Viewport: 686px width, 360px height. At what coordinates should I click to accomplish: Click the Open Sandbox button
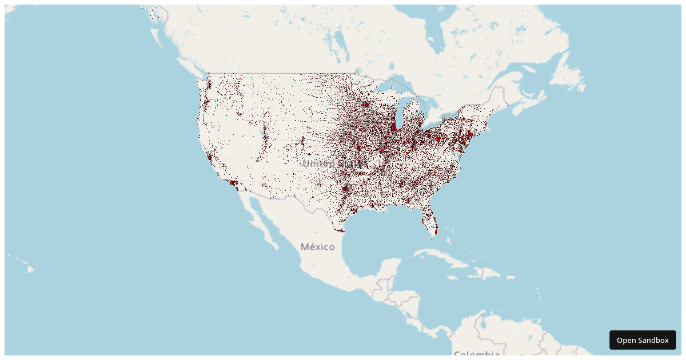[643, 340]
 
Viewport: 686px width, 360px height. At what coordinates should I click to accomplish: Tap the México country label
[317, 247]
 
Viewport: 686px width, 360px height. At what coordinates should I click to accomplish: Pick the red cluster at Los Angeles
[232, 183]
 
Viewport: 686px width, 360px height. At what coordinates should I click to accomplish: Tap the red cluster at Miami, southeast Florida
[436, 230]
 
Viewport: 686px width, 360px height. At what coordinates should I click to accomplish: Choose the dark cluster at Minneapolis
[365, 105]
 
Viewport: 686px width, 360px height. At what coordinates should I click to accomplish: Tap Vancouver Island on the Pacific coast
[194, 71]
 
